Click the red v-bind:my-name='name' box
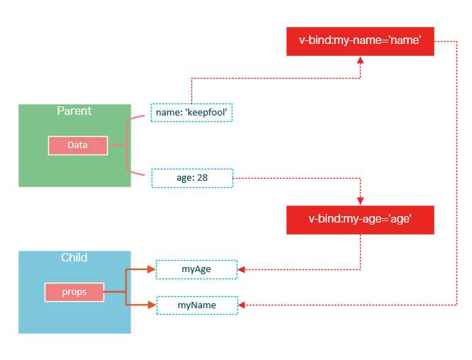[x=359, y=42]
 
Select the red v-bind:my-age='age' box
[x=359, y=220]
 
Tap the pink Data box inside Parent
[x=77, y=145]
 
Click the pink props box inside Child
[x=74, y=292]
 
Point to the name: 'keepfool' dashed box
[x=192, y=113]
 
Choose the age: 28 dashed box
[x=192, y=177]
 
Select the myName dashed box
[x=197, y=305]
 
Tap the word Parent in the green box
[x=74, y=111]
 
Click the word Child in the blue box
[x=74, y=257]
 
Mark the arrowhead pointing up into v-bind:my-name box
[x=361, y=61]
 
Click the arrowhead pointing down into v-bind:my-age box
[x=361, y=201]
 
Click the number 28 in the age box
[x=201, y=177]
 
